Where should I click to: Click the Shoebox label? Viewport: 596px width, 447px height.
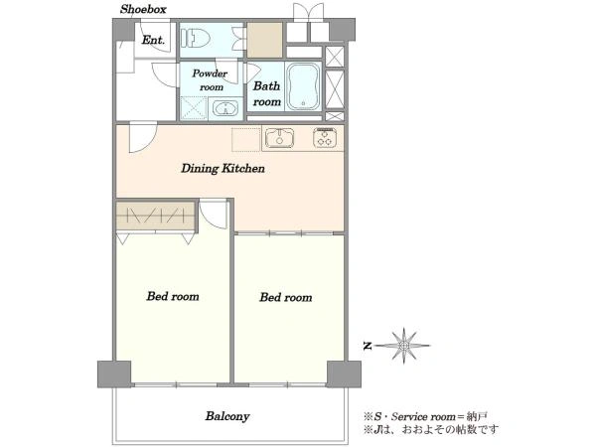[x=143, y=9]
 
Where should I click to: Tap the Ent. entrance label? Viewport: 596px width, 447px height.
[x=153, y=40]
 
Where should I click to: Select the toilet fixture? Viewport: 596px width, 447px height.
[x=196, y=38]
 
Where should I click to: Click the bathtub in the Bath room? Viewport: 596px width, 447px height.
[x=303, y=87]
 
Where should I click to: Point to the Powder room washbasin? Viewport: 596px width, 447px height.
[x=225, y=108]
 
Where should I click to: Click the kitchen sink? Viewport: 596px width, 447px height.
[x=279, y=138]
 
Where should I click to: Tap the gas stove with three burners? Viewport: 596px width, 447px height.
[x=325, y=137]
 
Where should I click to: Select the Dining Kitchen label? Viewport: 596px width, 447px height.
[x=223, y=169]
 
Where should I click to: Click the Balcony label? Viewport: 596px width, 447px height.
[x=227, y=416]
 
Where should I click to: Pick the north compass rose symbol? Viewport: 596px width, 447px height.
[x=403, y=346]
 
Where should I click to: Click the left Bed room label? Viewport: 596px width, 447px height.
[x=173, y=296]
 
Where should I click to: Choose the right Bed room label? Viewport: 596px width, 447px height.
[x=286, y=297]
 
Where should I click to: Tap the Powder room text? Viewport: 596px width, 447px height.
[x=211, y=79]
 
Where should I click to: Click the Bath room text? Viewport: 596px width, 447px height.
[x=267, y=93]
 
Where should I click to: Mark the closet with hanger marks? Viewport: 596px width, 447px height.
[x=156, y=216]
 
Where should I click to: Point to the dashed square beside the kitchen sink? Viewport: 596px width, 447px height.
[x=246, y=139]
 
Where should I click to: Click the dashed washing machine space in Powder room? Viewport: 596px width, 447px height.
[x=194, y=108]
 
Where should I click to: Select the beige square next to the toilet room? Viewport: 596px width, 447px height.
[x=265, y=40]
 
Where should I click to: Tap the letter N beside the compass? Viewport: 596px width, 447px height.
[x=368, y=346]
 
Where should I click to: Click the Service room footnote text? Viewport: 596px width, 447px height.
[x=425, y=416]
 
